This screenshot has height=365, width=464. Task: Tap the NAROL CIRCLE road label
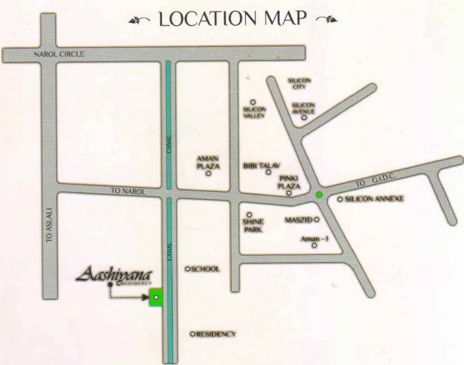point(59,54)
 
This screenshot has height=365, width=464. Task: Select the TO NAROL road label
point(128,191)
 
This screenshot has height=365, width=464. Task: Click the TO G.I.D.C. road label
point(376,180)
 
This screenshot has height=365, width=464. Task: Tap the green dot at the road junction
point(319,194)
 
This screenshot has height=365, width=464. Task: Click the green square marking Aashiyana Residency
point(156,297)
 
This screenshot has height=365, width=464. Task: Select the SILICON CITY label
point(299,84)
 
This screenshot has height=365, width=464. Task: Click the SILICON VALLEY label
point(254,112)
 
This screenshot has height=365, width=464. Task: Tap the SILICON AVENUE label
point(303,108)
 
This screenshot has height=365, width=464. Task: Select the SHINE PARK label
point(253,225)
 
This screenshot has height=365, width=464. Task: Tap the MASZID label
point(298,220)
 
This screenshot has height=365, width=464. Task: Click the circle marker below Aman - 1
point(314,246)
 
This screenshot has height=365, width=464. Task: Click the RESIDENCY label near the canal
point(216,334)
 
